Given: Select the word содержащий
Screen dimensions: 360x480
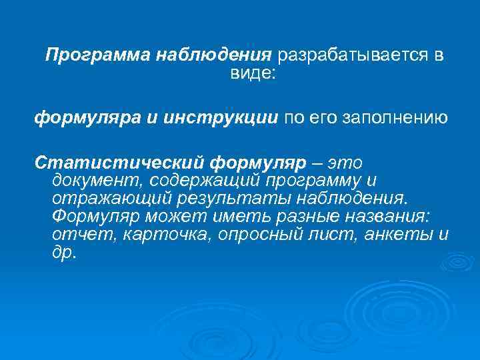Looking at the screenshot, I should [205, 180].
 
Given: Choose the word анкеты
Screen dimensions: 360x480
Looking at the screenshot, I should [398, 236].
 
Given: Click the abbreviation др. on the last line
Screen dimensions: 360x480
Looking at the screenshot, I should [63, 255].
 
